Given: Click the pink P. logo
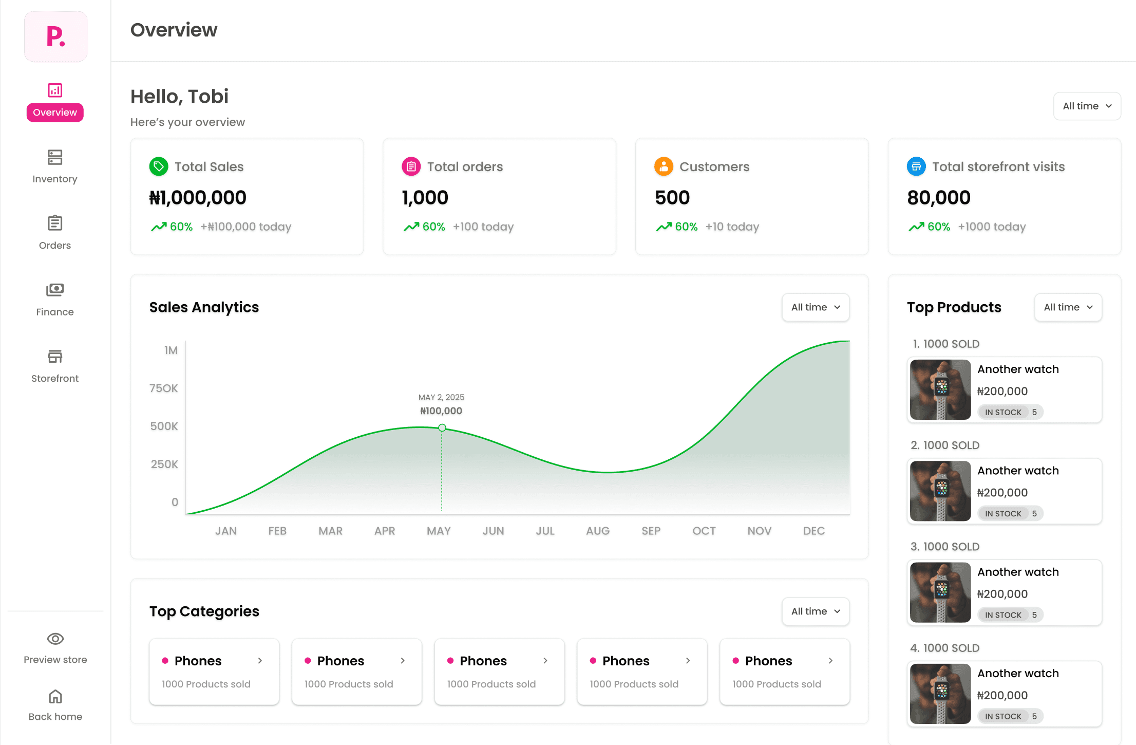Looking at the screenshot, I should coord(55,36).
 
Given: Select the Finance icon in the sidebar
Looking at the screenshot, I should coord(55,290).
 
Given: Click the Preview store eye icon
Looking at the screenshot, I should coord(55,639).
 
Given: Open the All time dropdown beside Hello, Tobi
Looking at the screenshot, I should coord(1087,106).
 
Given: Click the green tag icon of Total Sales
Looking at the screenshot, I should coord(159,166).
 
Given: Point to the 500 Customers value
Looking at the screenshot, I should coord(672,198).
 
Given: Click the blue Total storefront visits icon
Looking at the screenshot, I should coord(916,166).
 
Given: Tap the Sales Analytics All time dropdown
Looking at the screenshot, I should coord(815,307).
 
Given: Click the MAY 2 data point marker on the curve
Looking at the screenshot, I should coord(442,427).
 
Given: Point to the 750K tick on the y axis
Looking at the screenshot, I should coord(163,388).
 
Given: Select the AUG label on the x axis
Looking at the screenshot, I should coord(598,531).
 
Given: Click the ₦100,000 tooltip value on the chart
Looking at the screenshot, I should coord(441,411).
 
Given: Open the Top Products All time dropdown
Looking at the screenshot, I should coord(1068,307).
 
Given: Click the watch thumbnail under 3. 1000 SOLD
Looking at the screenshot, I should coord(940,592).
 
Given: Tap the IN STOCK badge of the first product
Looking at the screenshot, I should coord(1003,412).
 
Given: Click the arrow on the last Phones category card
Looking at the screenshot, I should coord(830,661).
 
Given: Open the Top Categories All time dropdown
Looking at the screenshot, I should coord(815,611).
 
